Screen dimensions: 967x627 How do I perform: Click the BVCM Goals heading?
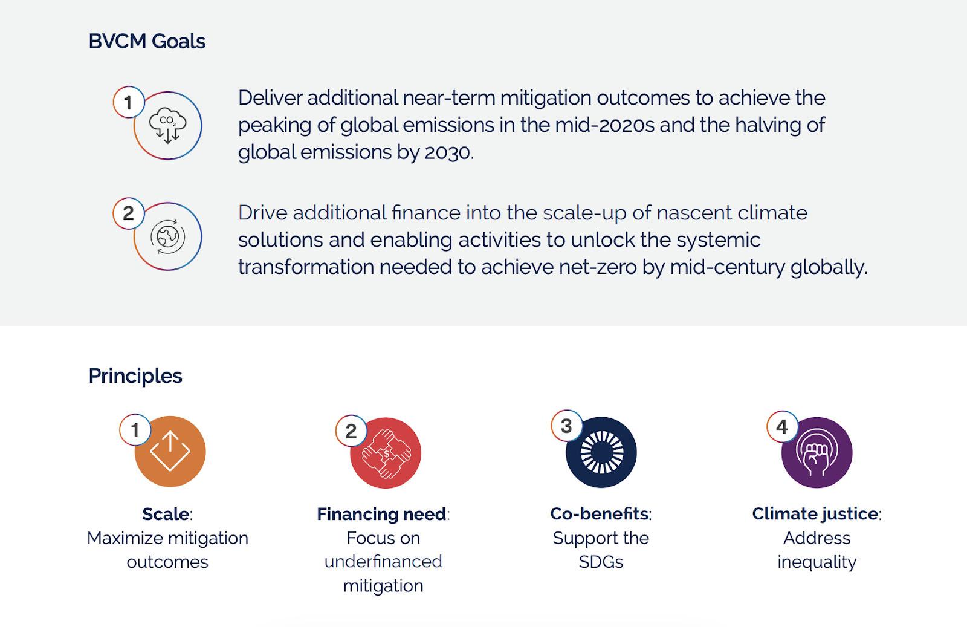click(147, 42)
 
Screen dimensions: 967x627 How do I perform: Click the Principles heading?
click(135, 376)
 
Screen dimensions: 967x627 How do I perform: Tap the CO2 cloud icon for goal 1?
click(168, 125)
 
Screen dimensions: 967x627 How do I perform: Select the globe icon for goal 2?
click(168, 236)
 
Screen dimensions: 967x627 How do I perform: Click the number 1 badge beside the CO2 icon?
click(128, 102)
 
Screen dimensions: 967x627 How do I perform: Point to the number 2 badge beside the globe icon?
click(128, 213)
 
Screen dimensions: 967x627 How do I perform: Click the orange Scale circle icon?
click(170, 451)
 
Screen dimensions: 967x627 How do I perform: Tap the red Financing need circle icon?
click(386, 452)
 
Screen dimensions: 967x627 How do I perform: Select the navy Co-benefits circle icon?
click(601, 452)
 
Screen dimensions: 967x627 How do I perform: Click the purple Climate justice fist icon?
click(817, 452)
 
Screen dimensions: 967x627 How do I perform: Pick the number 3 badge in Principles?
click(566, 426)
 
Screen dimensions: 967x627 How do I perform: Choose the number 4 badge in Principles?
click(782, 427)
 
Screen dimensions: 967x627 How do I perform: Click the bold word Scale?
click(166, 514)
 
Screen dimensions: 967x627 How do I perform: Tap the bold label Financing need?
click(381, 514)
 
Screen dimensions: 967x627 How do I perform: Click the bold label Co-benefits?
click(599, 513)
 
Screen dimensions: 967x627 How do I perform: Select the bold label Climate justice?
click(815, 514)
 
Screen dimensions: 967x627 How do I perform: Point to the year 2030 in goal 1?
click(447, 152)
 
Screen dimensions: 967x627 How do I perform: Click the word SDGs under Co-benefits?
click(601, 562)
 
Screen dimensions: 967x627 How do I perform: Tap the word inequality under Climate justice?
click(817, 562)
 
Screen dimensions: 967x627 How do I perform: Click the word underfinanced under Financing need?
click(383, 562)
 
